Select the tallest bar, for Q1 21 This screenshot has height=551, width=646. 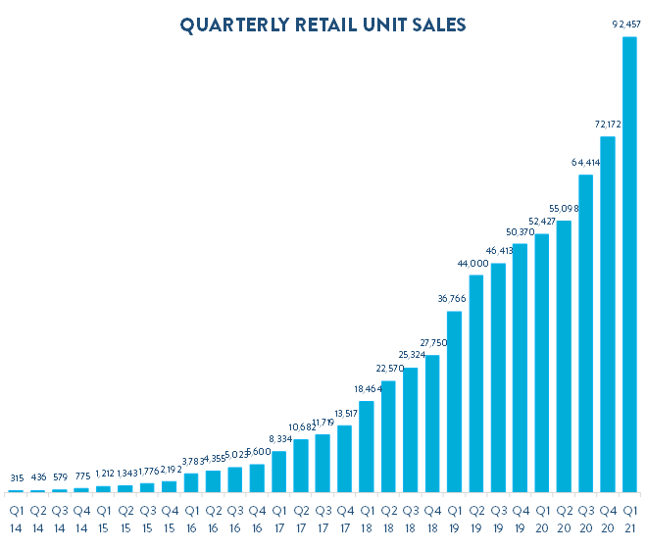629,265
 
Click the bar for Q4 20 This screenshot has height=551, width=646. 608,315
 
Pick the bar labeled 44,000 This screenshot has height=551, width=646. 476,383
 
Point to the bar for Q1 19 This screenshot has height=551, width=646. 455,402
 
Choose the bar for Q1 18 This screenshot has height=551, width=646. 367,447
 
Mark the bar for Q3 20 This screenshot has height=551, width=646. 586,333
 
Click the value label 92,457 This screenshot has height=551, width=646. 626,25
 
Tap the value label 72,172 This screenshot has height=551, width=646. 608,125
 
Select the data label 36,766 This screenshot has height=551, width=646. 452,298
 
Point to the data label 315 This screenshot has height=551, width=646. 17,478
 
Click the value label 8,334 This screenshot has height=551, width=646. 280,439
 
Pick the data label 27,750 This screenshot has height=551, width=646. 433,343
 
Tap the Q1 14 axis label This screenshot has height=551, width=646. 16,520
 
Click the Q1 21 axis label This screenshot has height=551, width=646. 630,520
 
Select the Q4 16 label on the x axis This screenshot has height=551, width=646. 257,520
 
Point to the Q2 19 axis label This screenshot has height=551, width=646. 476,520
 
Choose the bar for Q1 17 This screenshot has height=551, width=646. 279,472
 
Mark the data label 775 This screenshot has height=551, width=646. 82,476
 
